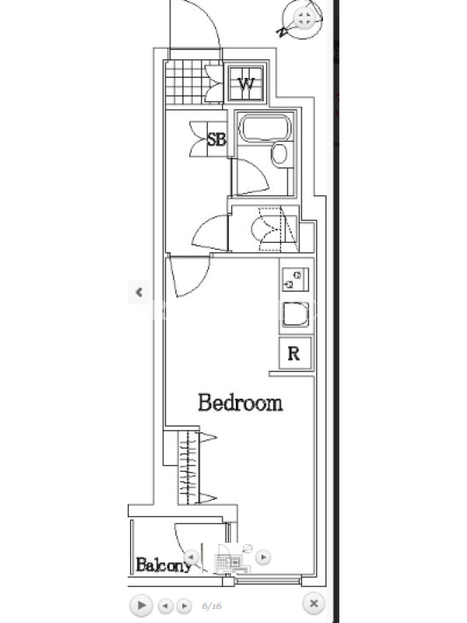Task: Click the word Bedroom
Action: [x=241, y=403]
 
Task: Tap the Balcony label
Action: [x=163, y=565]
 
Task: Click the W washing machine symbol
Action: [x=246, y=84]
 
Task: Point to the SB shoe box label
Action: [x=216, y=139]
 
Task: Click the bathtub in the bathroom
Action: [x=265, y=128]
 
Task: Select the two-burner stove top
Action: [x=294, y=280]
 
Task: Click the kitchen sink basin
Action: [x=296, y=315]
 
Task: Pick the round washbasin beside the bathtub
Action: [x=280, y=154]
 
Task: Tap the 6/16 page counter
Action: [x=212, y=606]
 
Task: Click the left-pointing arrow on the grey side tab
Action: [x=139, y=293]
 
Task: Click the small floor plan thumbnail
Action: [x=231, y=559]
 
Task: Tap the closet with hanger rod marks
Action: [x=188, y=468]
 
